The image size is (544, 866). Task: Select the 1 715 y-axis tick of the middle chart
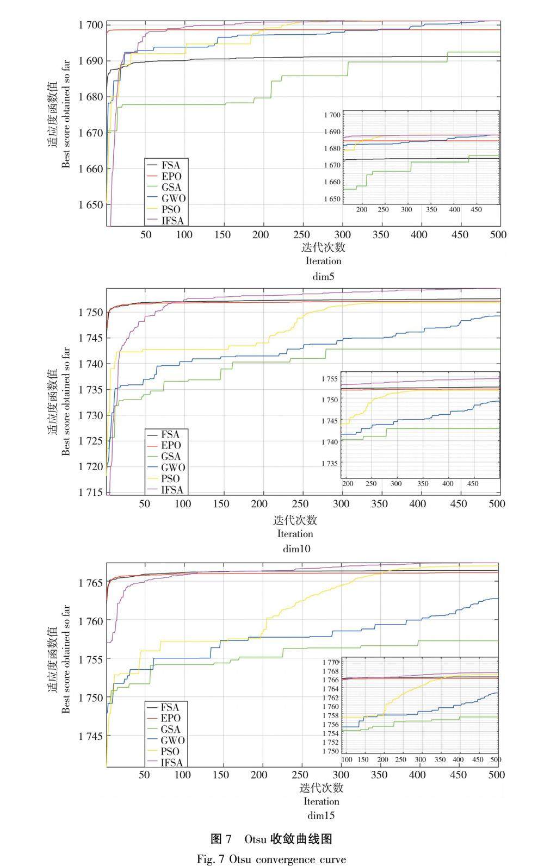[90, 493]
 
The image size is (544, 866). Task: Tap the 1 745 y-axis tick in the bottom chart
[90, 736]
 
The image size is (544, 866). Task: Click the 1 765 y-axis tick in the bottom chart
[90, 583]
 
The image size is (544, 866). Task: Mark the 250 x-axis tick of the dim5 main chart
[301, 235]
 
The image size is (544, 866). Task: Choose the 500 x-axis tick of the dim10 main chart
[497, 504]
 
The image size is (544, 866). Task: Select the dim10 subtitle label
[296, 549]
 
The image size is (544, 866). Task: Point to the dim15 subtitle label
[321, 815]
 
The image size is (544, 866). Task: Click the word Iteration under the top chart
[323, 261]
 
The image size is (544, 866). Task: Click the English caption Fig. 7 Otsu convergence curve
[271, 859]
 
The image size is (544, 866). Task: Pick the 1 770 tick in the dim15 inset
[330, 662]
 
